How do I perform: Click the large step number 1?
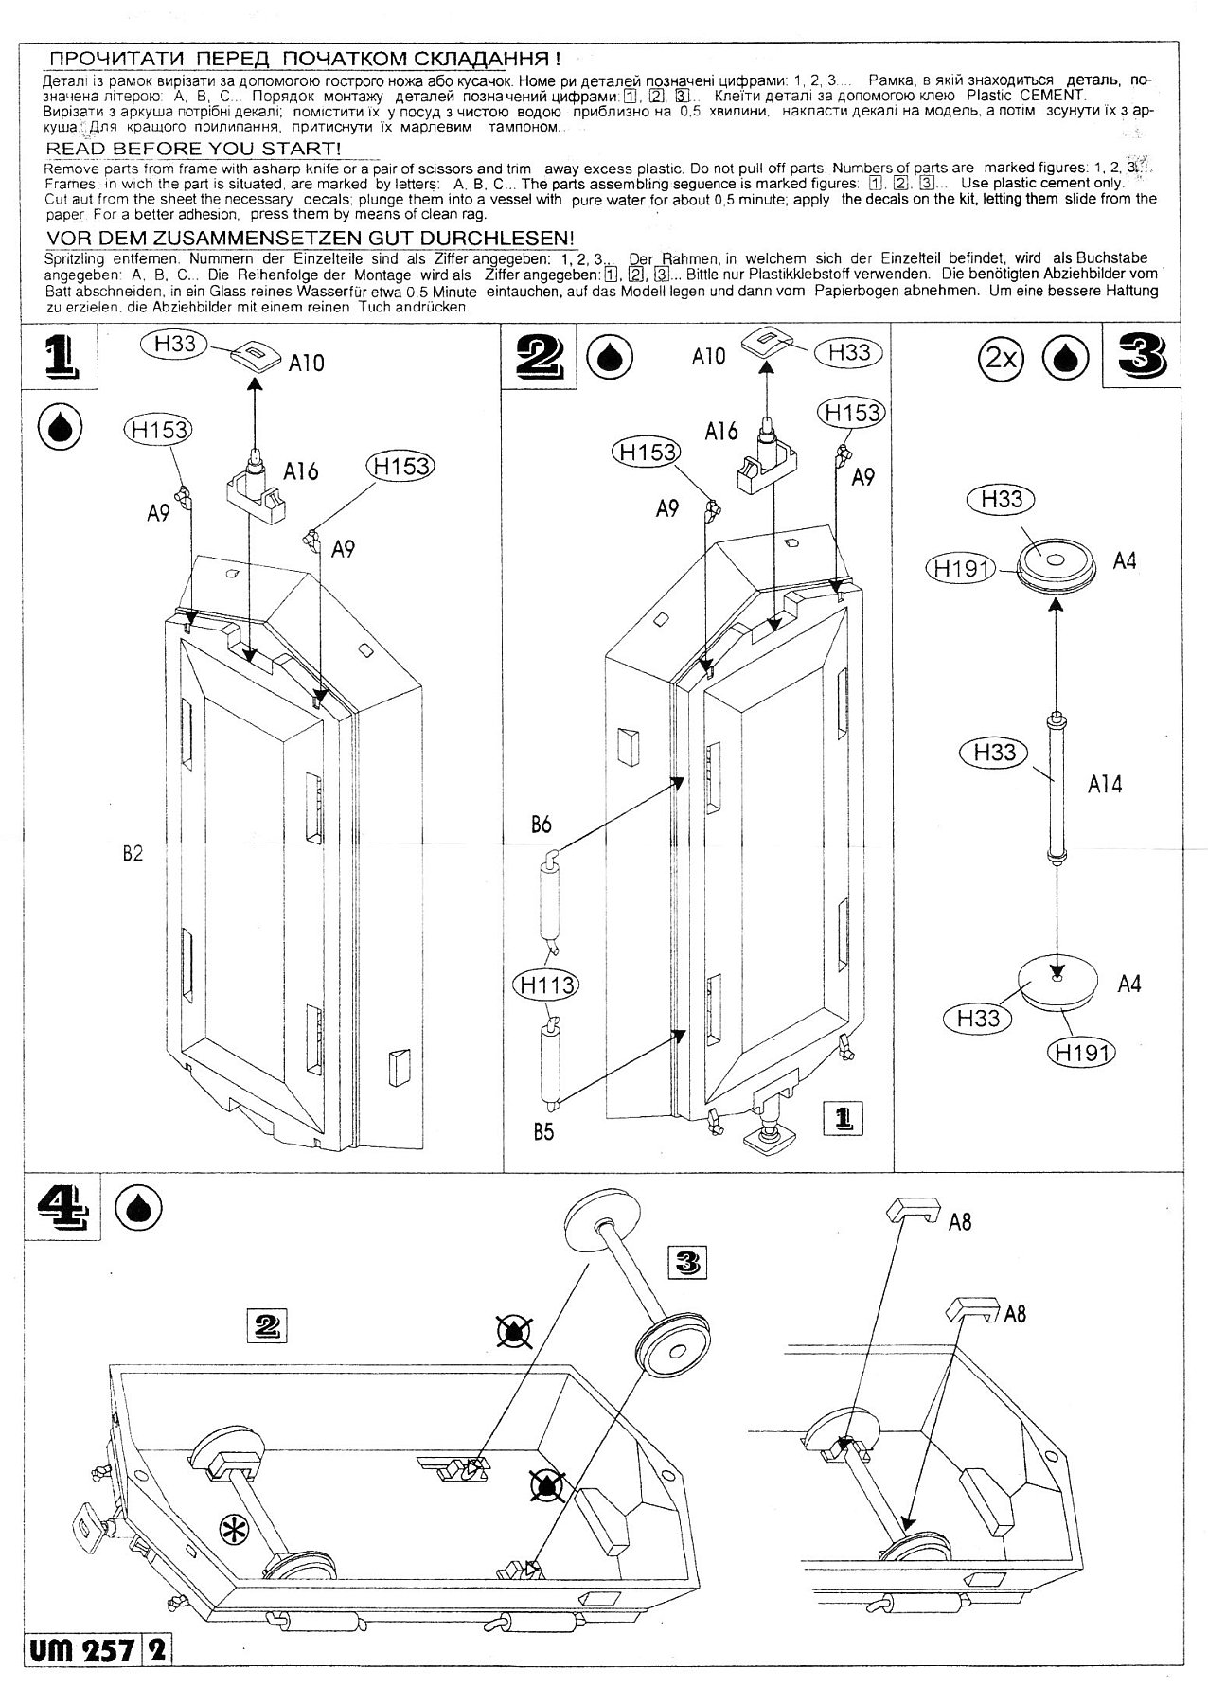click(59, 359)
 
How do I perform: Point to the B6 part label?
click(541, 825)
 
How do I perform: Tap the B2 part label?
click(133, 853)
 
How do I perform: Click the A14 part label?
click(1105, 784)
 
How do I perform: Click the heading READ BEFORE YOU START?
click(193, 149)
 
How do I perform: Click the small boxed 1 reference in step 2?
click(844, 1118)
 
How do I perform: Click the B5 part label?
click(542, 1131)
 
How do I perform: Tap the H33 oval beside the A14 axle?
click(994, 753)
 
